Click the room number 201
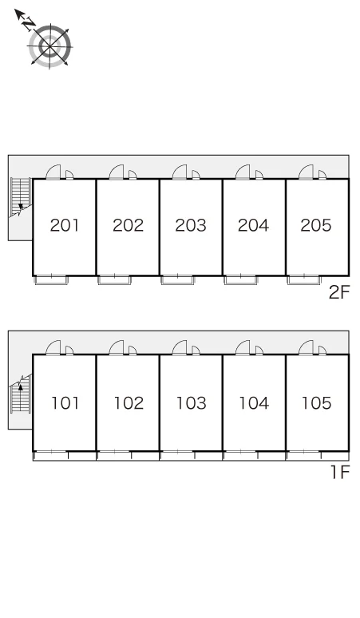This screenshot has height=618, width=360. click(65, 225)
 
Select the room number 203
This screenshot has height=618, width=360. click(191, 225)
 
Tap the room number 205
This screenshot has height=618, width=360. click(316, 225)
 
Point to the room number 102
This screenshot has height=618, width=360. click(129, 402)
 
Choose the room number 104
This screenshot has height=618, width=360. click(254, 402)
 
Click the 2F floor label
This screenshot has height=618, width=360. click(339, 292)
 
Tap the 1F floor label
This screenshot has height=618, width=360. click(340, 472)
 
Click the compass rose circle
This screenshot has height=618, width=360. click(50, 46)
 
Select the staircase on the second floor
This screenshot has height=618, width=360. click(21, 197)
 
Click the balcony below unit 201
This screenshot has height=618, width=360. click(52, 280)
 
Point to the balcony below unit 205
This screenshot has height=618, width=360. click(304, 280)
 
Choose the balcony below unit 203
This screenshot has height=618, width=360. click(178, 280)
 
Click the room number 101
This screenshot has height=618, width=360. click(65, 402)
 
